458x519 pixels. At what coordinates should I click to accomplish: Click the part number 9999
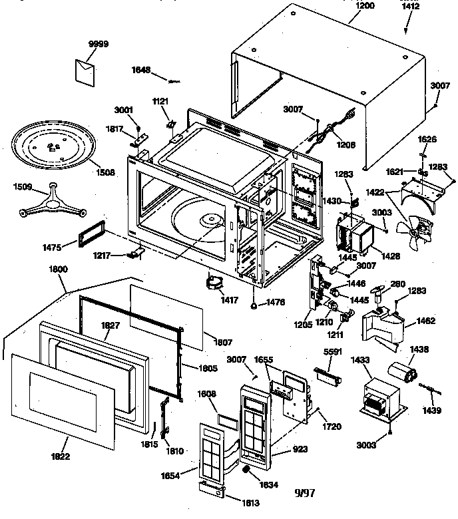[98, 44]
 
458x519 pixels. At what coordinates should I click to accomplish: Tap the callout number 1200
[365, 5]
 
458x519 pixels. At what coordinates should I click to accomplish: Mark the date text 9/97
[304, 492]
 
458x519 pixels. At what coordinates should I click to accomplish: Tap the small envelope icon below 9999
[86, 68]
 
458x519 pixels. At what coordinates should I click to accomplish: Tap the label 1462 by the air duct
[425, 321]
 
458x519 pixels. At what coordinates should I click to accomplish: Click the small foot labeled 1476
[254, 305]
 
